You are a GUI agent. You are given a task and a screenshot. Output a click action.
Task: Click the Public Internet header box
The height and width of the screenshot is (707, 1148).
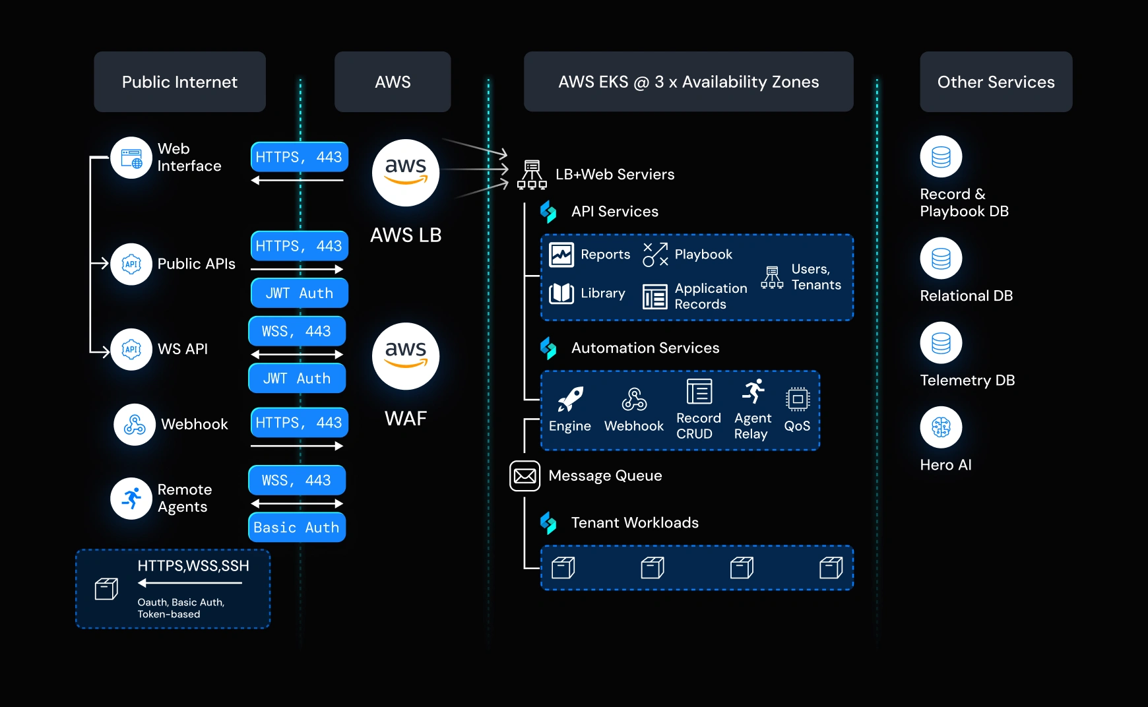[x=179, y=82]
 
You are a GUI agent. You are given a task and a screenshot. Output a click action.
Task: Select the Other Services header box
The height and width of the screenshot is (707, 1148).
[x=996, y=82]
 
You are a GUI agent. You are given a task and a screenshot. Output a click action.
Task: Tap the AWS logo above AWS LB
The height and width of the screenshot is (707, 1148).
[x=406, y=172]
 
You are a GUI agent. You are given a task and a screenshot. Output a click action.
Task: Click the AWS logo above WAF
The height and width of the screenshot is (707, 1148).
[x=406, y=355]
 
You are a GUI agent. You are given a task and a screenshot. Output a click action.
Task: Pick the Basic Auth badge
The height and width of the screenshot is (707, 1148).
[x=297, y=528]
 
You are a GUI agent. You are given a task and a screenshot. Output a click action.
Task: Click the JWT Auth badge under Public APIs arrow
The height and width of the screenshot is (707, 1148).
[x=300, y=293]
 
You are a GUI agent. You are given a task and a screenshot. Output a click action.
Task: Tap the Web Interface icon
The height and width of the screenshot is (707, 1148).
[x=131, y=158]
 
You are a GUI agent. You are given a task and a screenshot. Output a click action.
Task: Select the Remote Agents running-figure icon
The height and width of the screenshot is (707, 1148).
[x=131, y=498]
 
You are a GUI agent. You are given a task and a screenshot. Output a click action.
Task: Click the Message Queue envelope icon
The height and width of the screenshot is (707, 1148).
[x=525, y=476]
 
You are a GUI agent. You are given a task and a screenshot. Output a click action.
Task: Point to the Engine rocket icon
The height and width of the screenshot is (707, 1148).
[x=570, y=399]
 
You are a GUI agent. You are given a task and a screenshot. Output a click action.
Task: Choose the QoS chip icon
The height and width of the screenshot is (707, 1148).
[x=797, y=399]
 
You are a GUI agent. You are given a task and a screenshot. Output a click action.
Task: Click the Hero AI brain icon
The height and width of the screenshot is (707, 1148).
[x=941, y=427]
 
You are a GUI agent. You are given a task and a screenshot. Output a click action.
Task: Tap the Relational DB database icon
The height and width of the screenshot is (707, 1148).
[x=941, y=259]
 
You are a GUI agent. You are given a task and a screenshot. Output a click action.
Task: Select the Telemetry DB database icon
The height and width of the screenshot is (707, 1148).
[x=941, y=343]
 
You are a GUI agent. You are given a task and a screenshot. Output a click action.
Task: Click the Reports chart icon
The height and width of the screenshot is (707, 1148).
[x=561, y=255]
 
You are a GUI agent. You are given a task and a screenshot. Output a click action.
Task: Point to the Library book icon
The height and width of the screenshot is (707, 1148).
[x=561, y=293]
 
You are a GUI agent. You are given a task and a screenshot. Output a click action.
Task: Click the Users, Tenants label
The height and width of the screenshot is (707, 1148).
[x=815, y=277]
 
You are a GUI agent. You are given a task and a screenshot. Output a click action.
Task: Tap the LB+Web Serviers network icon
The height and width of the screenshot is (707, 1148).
[x=532, y=175]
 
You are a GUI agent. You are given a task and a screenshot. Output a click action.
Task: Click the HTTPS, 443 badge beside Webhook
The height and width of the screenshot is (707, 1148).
[x=300, y=423]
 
